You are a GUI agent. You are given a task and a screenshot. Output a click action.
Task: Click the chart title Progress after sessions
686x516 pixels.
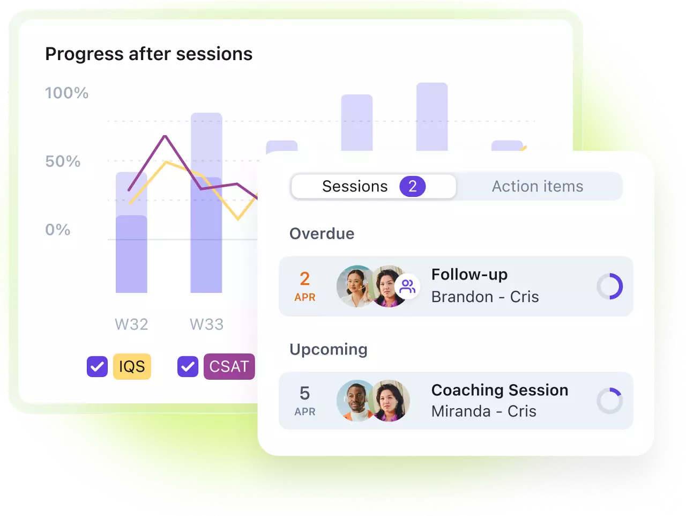(149, 54)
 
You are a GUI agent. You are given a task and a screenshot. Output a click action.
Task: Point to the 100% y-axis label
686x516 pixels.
(67, 93)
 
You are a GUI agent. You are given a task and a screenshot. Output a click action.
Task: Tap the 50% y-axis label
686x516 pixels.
(63, 161)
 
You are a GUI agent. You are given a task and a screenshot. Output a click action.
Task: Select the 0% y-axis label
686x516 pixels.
(58, 230)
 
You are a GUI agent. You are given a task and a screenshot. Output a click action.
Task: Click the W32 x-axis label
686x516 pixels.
(132, 325)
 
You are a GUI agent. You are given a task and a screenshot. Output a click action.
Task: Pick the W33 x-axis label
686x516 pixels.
(207, 325)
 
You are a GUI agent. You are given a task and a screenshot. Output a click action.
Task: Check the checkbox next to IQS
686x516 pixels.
(97, 366)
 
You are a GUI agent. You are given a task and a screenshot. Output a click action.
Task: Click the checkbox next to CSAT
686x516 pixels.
(188, 366)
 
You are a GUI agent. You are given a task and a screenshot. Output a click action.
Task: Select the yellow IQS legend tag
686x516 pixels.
(132, 366)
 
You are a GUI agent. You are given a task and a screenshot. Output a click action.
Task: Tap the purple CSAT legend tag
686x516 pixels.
(229, 366)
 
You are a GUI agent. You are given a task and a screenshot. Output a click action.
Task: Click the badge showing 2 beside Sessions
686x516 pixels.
(413, 186)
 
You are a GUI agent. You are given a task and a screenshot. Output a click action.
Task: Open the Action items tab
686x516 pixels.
(538, 186)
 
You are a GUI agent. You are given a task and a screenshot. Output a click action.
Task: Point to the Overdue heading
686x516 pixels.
(322, 234)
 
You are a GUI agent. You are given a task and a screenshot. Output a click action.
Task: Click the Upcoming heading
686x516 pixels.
(329, 349)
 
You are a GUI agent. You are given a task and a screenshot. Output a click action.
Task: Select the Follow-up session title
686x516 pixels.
(469, 275)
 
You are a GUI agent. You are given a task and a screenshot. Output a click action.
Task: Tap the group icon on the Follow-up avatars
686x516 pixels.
(407, 286)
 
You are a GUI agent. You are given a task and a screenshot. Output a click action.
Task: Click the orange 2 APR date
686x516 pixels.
(305, 286)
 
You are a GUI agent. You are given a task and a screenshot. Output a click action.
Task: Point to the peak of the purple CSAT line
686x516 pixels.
(165, 136)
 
